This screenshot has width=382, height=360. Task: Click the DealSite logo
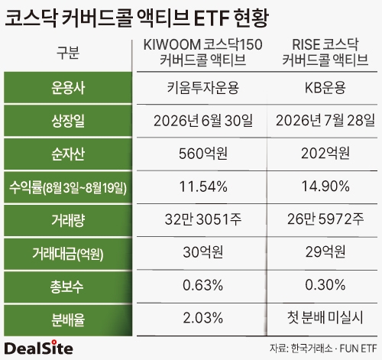[39, 348]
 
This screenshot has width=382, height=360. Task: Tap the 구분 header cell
[68, 53]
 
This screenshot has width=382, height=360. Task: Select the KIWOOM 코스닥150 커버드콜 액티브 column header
[202, 52]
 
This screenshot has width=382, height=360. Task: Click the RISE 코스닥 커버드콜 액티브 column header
[325, 52]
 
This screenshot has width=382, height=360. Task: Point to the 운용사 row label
[68, 88]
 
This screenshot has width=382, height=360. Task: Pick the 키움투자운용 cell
[202, 88]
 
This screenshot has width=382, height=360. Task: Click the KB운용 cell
[325, 88]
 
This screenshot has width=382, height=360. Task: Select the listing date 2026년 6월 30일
[202, 121]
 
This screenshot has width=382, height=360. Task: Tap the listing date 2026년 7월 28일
[325, 120]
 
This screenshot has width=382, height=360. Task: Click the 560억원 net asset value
[202, 154]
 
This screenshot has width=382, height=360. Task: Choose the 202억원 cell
[325, 153]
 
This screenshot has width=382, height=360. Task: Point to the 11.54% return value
[203, 186]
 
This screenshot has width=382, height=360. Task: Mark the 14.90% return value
[325, 186]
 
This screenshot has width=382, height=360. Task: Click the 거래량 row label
[68, 220]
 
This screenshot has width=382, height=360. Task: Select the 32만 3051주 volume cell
[202, 219]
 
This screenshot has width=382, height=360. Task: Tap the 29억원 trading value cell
[325, 251]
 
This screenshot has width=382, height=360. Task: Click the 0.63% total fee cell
[202, 285]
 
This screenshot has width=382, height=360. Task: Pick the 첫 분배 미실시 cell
[325, 318]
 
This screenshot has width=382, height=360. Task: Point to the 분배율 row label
[68, 319]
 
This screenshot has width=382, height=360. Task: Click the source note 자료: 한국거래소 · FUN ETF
[323, 349]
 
